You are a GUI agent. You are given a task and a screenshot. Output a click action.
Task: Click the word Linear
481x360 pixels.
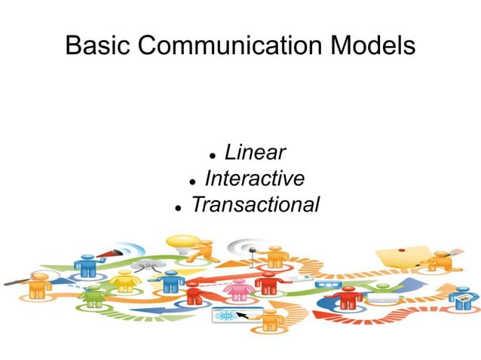(x=255, y=153)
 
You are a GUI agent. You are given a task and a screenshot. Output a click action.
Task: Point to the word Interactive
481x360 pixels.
(x=255, y=178)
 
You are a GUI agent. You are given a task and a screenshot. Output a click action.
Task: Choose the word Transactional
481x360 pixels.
(x=255, y=204)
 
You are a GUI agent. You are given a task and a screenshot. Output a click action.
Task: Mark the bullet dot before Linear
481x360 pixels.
(x=213, y=156)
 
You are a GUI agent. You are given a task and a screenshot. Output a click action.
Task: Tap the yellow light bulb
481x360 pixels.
(x=183, y=246)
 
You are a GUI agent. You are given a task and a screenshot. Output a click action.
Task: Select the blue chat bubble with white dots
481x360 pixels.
(x=326, y=285)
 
